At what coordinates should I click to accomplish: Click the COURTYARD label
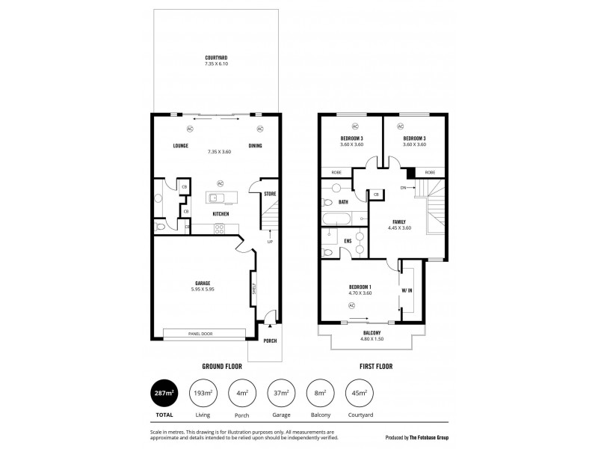[216, 58]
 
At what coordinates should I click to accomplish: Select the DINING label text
[256, 146]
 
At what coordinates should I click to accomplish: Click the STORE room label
[270, 195]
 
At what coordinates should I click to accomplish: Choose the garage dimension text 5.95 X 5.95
[203, 289]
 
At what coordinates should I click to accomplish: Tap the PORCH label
[269, 340]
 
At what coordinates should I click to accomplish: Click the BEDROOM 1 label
[360, 287]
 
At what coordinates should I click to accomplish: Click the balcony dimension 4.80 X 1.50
[372, 339]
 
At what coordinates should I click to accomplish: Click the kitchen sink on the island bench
[215, 198]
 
